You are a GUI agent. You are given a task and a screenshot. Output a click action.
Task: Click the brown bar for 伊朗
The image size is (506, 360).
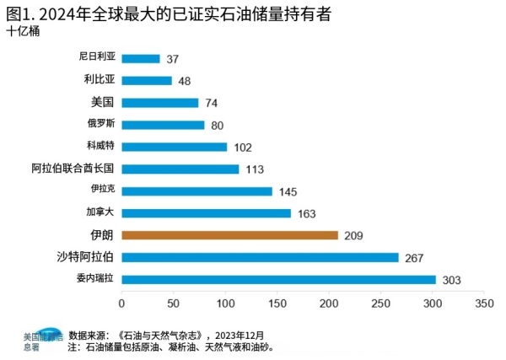click(229, 235)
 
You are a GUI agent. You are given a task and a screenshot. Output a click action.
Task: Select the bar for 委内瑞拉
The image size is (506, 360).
click(278, 279)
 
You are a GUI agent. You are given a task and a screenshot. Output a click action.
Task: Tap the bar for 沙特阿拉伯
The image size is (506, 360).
click(260, 257)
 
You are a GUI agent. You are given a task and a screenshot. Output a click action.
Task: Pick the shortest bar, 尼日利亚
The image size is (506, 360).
click(141, 59)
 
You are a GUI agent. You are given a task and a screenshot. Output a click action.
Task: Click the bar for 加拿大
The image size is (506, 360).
click(206, 213)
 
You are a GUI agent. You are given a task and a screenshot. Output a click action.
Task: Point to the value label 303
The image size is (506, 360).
click(454, 280)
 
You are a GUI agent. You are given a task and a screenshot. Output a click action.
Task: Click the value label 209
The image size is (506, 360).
click(355, 236)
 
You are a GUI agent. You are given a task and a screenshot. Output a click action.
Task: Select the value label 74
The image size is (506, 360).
click(212, 104)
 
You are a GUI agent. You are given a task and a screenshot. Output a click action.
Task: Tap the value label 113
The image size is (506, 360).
click(255, 169)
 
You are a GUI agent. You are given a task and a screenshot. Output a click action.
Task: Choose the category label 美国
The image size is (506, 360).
click(101, 103)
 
